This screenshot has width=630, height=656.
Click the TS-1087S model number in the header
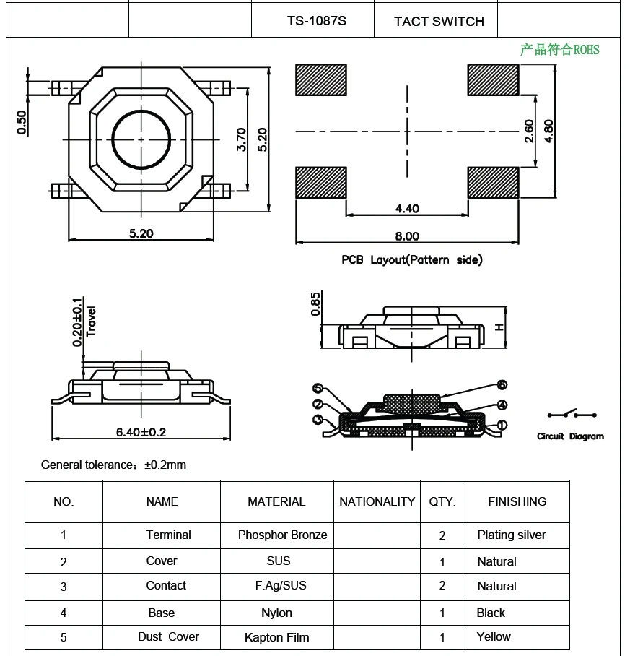(316, 21)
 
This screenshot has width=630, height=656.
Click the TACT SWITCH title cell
(439, 22)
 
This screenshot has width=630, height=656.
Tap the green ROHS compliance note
(559, 49)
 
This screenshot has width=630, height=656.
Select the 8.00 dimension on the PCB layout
(407, 236)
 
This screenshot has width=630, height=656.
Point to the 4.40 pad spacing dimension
(407, 208)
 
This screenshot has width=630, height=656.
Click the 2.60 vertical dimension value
(530, 131)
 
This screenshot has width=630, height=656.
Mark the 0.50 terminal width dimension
(22, 121)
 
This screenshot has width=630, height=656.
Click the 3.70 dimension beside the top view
(242, 139)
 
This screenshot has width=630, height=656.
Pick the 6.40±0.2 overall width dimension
(141, 432)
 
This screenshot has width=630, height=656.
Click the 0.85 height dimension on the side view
(315, 303)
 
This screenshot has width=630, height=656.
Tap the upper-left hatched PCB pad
(320, 79)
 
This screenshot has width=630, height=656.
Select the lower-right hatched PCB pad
(493, 182)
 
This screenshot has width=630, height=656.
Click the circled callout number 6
(502, 385)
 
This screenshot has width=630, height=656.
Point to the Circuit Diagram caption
(570, 436)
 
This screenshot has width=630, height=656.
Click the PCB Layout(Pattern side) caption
(411, 259)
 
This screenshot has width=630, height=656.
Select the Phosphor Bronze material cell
(282, 535)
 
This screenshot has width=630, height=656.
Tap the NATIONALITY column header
(377, 501)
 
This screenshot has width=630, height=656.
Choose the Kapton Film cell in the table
(276, 637)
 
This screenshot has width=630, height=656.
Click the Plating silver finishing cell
(511, 535)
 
